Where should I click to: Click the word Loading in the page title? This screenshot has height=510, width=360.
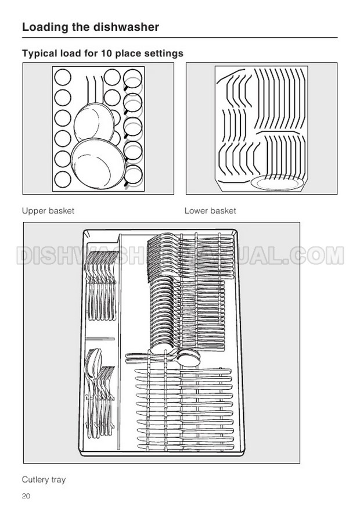coord(45,27)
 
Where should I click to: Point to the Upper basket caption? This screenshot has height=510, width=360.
coord(48,211)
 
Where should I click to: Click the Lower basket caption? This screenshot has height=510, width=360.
coord(210,211)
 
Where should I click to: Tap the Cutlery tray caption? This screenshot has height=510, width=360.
coord(44,480)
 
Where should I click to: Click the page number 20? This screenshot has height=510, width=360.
coord(26,495)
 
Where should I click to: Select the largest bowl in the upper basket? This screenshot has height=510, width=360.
coord(98,164)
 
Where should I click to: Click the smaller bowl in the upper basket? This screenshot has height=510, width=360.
coord(94,122)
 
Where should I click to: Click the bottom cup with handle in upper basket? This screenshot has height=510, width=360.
coord(133,175)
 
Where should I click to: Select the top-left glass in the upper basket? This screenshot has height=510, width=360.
coord(63,77)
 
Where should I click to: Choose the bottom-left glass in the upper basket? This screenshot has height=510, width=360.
coord(63,179)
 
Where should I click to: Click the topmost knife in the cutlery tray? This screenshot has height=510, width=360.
coord(183,371)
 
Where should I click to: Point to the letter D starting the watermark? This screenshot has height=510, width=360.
coord(25,256)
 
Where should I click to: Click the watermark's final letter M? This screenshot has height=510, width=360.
coord(334,256)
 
